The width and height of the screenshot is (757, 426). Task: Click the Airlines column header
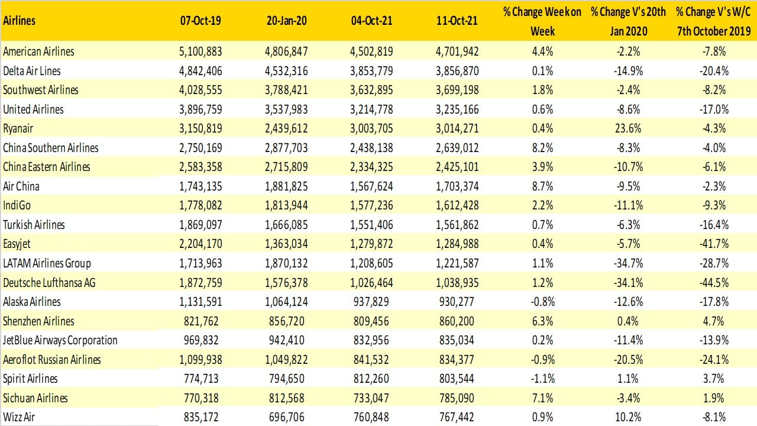[20, 21]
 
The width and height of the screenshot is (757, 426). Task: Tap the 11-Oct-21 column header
[457, 21]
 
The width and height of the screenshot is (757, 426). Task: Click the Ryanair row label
[20, 128]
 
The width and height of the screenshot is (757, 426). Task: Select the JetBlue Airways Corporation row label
[60, 340]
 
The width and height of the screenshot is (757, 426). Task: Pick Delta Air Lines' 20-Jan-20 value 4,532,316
[286, 71]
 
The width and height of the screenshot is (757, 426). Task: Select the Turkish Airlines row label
[34, 225]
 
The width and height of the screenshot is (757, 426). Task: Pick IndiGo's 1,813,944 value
[286, 205]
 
